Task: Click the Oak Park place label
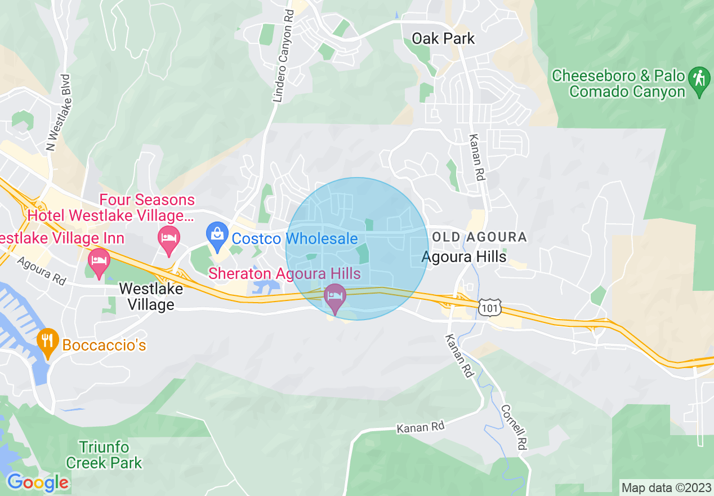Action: tap(443, 39)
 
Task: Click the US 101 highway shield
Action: tap(487, 307)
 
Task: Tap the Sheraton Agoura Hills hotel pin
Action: tap(336, 298)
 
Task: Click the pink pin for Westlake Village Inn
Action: tap(99, 263)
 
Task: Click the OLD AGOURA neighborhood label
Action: tap(479, 237)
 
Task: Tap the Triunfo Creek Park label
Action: tap(104, 455)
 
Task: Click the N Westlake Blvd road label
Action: tap(59, 113)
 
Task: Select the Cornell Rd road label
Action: tap(514, 427)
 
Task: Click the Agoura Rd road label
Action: tap(41, 271)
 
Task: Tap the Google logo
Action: tap(38, 482)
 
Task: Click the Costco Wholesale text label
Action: tap(294, 238)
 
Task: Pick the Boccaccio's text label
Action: tap(104, 344)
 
